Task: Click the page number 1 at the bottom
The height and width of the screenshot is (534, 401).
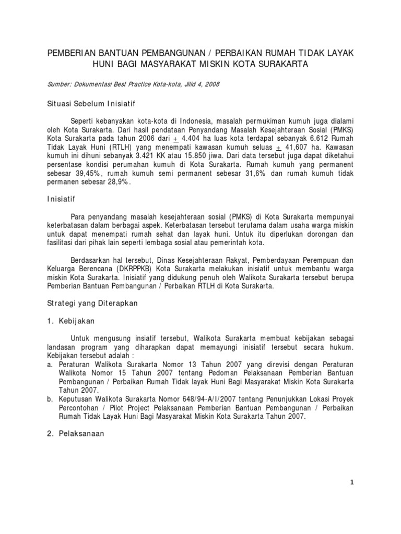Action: [x=352, y=482]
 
